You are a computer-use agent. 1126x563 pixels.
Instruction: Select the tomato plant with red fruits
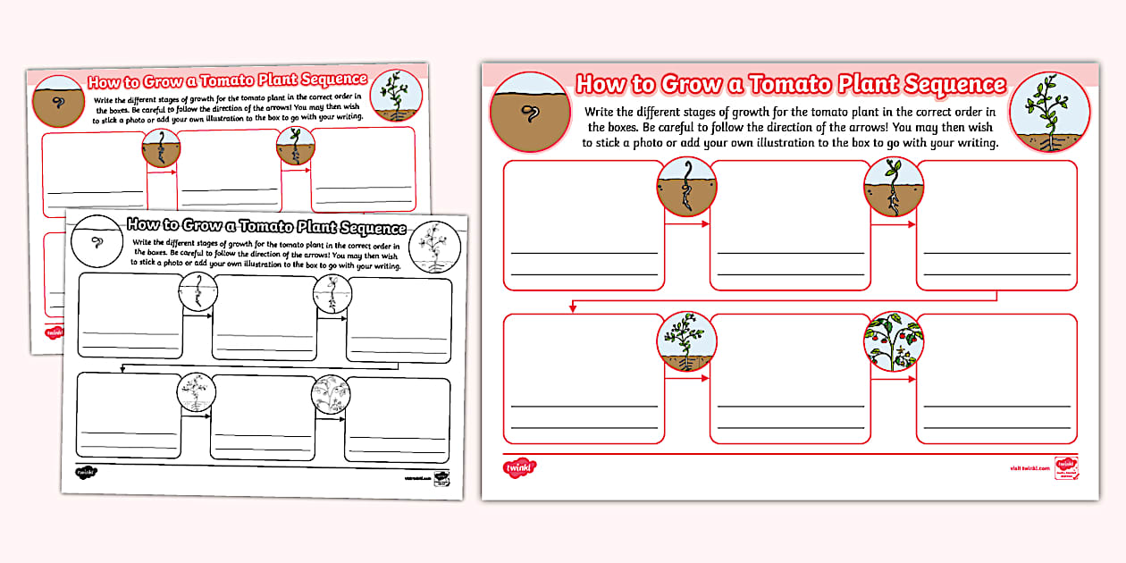point(894,341)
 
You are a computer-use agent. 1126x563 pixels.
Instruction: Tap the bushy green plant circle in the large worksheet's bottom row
point(686,341)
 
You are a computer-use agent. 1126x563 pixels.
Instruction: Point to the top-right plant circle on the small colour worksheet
point(398,94)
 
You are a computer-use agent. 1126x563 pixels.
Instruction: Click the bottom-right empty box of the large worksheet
point(996,377)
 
